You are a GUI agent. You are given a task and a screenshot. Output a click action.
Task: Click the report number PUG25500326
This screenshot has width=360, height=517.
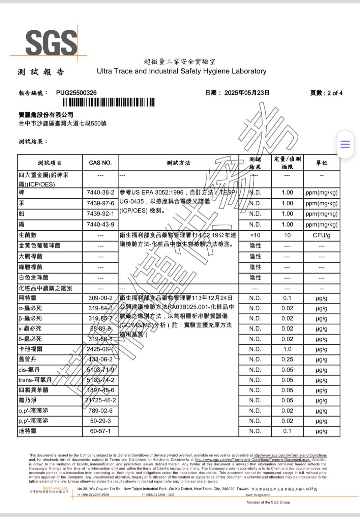(x=76, y=93)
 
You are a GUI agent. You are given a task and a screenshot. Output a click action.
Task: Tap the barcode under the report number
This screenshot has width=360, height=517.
(x=108, y=102)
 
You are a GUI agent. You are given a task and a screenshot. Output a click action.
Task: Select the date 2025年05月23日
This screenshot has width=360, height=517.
(x=247, y=93)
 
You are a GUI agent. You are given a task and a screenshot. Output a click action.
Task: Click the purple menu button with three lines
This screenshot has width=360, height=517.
(x=345, y=144)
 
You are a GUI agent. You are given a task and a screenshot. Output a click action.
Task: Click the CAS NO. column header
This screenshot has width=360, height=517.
(x=100, y=163)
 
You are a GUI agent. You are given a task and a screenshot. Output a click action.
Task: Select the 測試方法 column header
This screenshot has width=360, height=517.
(x=178, y=163)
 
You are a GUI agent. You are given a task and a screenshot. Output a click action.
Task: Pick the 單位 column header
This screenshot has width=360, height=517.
(x=321, y=163)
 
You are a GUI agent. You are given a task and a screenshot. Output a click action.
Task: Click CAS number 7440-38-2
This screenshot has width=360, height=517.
(x=100, y=193)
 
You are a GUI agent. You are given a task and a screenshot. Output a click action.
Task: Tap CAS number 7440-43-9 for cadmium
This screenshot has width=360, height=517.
(x=100, y=224)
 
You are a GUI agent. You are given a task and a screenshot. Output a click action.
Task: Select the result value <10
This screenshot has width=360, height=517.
(x=255, y=235)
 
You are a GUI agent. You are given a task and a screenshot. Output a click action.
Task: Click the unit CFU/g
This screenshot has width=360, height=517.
(x=321, y=235)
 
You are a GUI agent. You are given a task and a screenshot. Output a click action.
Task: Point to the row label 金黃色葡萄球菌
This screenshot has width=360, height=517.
(x=40, y=246)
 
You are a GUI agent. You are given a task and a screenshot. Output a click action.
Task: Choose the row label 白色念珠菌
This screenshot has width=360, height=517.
(x=34, y=277)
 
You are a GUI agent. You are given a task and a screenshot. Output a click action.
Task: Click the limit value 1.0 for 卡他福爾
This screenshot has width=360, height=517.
(x=287, y=349)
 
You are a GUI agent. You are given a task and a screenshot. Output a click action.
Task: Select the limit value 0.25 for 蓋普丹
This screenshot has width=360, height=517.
(x=287, y=359)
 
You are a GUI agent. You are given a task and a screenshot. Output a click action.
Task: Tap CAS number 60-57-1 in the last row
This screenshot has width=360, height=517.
(x=100, y=431)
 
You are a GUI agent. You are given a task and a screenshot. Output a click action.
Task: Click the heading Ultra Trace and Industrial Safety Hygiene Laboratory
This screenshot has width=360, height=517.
(x=181, y=71)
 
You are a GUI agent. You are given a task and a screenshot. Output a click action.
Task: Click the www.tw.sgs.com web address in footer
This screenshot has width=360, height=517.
(x=258, y=495)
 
